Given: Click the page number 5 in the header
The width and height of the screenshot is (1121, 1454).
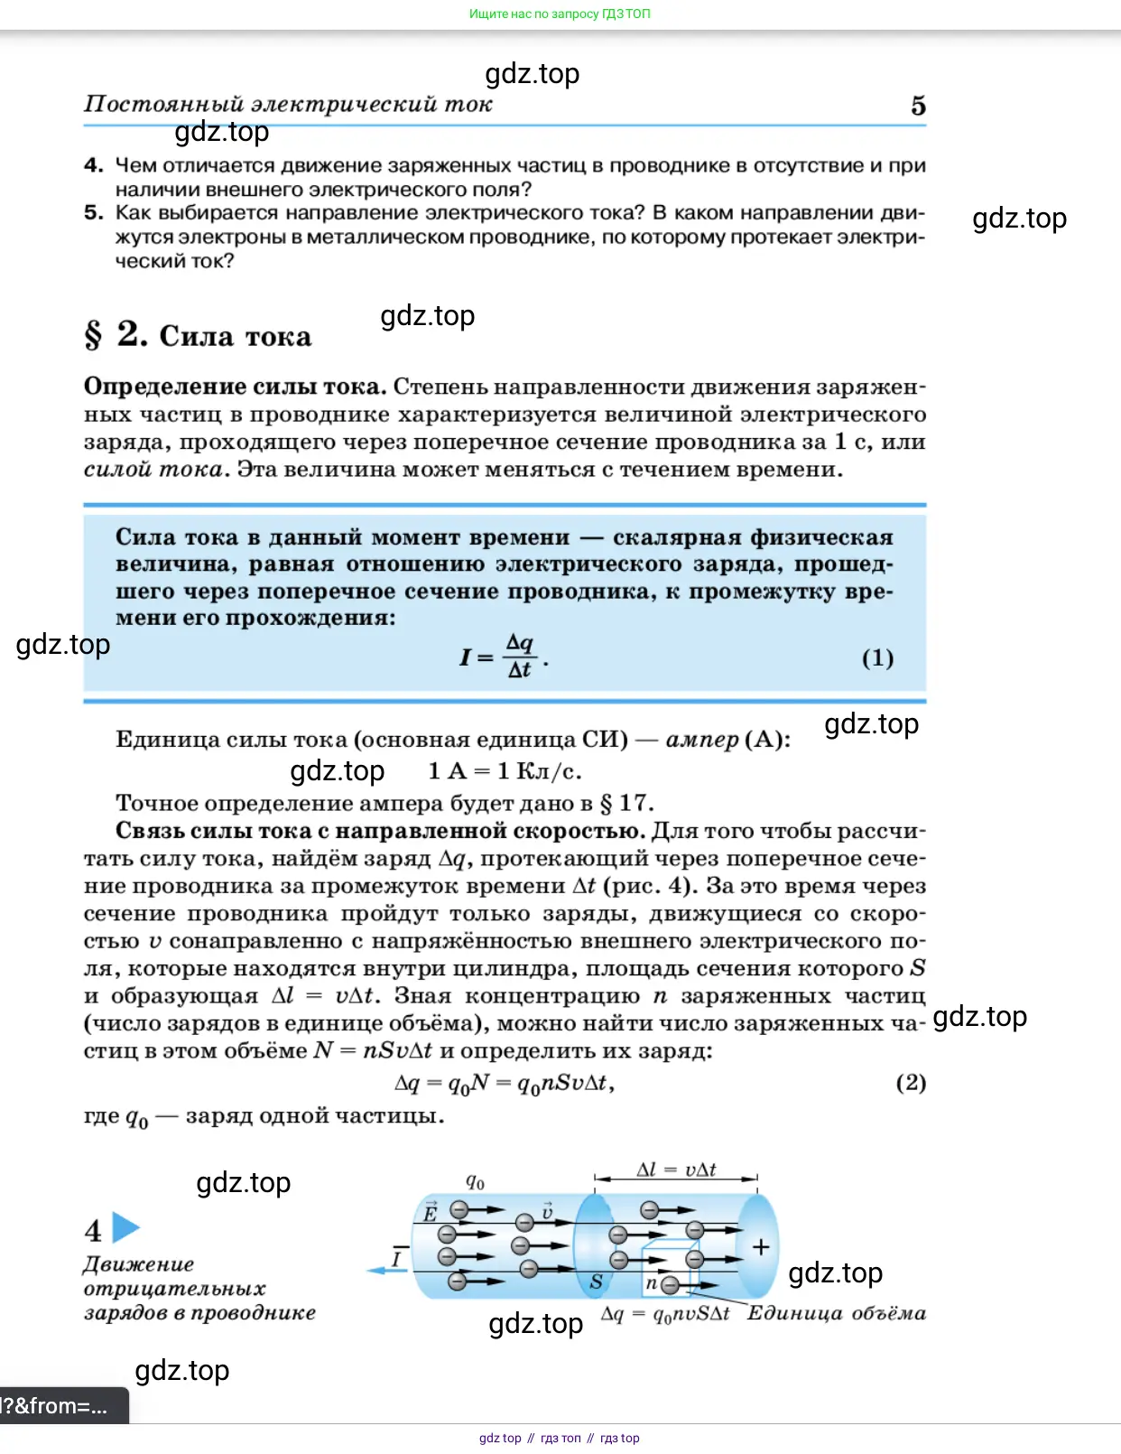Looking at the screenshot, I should (x=918, y=106).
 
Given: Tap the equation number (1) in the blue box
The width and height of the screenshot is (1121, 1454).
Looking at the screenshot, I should (x=877, y=657).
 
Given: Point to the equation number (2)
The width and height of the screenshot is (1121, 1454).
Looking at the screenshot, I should (x=910, y=1082).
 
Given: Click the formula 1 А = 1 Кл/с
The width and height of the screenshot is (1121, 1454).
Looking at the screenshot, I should (x=505, y=771).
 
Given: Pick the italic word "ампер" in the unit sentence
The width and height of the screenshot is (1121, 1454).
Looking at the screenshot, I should (x=702, y=740).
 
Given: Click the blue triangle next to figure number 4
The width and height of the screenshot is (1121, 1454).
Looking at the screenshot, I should (x=125, y=1228).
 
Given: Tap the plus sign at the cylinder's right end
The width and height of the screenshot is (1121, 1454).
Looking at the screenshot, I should (x=761, y=1247).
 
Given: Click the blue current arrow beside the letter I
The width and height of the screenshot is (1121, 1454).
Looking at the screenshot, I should (x=387, y=1271).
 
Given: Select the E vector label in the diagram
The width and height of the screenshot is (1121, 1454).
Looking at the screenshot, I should (x=431, y=1213).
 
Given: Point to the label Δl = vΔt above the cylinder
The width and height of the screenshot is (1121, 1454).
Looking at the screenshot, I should (x=676, y=1170).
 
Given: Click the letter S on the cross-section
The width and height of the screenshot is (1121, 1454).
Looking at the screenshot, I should (x=596, y=1282).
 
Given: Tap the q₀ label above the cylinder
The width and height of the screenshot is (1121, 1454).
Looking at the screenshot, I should (x=475, y=1181).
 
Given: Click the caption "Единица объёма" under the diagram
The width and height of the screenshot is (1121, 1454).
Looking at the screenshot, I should (x=836, y=1313).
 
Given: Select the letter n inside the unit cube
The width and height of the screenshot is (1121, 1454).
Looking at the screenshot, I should (x=651, y=1282).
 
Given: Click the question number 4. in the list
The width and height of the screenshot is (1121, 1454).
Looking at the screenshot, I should (x=94, y=165).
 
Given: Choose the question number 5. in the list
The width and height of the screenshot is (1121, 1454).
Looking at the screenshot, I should (x=94, y=213).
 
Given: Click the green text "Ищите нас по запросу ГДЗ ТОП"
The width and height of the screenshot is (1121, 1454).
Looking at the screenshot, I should (x=560, y=14).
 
